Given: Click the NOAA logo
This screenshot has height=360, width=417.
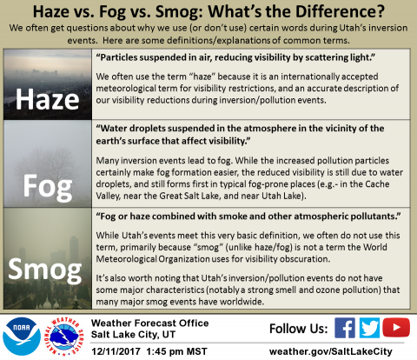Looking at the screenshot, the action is pyautogui.click(x=22, y=337).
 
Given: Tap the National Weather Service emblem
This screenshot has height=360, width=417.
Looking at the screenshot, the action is pyautogui.click(x=64, y=337).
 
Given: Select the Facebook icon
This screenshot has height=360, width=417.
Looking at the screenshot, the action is pyautogui.click(x=345, y=328).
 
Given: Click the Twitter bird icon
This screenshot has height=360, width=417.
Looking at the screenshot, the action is pyautogui.click(x=369, y=328).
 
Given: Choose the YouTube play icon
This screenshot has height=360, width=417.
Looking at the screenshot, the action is pyautogui.click(x=396, y=327).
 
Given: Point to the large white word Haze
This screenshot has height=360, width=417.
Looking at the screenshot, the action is pyautogui.click(x=47, y=99).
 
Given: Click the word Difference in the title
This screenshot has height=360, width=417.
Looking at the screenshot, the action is pyautogui.click(x=340, y=11).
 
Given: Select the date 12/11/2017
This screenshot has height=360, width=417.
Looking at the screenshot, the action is pyautogui.click(x=116, y=351).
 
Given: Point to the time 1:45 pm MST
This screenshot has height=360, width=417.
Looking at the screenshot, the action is pyautogui.click(x=176, y=351).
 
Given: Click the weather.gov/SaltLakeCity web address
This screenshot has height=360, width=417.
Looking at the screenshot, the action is pyautogui.click(x=331, y=351).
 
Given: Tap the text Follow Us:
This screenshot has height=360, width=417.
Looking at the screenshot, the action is pyautogui.click(x=299, y=329).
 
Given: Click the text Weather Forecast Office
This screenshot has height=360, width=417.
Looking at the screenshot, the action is pyautogui.click(x=149, y=323).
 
